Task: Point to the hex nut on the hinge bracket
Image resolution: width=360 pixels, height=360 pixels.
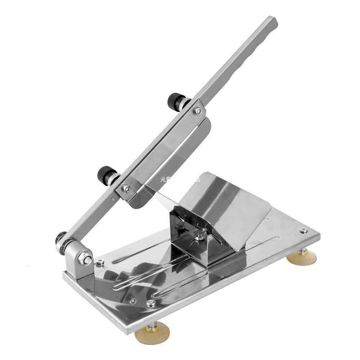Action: click(x=87, y=258)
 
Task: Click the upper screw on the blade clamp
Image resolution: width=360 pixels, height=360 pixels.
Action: click(x=198, y=112)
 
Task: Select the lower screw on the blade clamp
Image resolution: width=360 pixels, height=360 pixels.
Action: click(x=126, y=188)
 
